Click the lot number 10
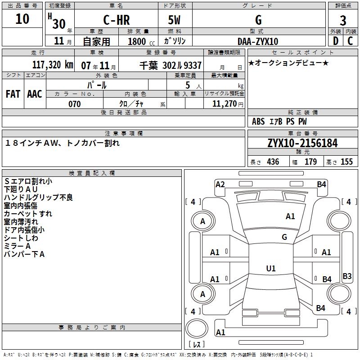[x=22, y=19]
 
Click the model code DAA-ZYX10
[x=258, y=41]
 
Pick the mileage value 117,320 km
[x=53, y=64]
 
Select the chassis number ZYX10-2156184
[x=302, y=143]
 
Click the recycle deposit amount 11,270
[x=227, y=104]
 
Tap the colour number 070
[x=75, y=104]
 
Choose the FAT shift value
[x=13, y=94]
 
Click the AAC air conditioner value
[x=34, y=94]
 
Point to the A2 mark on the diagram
[x=220, y=184]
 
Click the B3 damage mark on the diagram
[x=347, y=276]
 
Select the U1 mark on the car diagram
[x=270, y=268]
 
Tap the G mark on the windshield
[x=284, y=237]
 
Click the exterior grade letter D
[x=335, y=41]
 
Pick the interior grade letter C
[x=350, y=41]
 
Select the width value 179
[x=310, y=162]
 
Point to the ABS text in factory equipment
[x=258, y=121]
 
